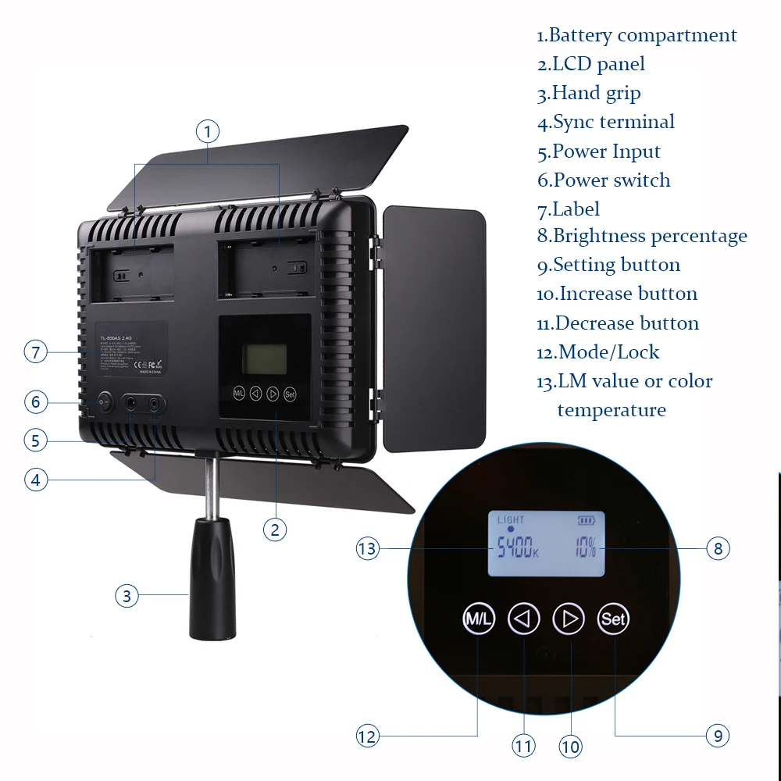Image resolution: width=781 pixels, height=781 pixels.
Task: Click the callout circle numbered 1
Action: [x=208, y=131]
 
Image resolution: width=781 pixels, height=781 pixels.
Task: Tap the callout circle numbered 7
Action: [x=35, y=351]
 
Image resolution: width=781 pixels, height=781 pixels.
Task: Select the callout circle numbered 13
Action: [x=367, y=548]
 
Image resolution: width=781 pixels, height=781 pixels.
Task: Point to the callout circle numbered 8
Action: [x=719, y=548]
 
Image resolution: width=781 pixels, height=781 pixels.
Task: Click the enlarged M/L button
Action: [x=478, y=619]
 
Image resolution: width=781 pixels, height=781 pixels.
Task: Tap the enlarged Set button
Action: [x=613, y=619]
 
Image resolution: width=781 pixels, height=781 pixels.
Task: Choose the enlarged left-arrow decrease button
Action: [x=523, y=619]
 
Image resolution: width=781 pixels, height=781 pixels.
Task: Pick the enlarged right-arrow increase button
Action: [x=569, y=619]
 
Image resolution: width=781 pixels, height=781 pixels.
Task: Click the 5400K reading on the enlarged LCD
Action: [x=514, y=549]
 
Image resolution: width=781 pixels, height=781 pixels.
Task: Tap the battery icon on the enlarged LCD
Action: [x=585, y=519]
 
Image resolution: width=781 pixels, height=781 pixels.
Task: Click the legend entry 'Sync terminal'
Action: [x=606, y=122]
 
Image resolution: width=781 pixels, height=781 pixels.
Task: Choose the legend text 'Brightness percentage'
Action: [x=642, y=236]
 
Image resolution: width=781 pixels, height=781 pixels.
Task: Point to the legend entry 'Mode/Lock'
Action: [x=598, y=352]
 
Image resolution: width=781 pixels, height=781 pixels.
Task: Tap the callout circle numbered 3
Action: [x=127, y=597]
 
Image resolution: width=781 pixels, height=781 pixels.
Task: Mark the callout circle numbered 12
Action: [x=367, y=735]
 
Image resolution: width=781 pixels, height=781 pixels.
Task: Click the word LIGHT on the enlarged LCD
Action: [x=511, y=519]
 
